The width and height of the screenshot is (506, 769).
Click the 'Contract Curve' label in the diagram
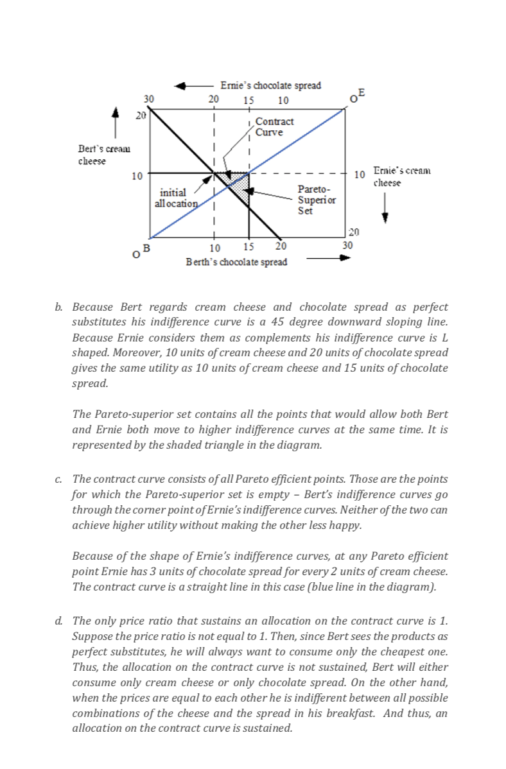[274, 126]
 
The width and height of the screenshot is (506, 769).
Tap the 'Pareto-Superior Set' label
[314, 200]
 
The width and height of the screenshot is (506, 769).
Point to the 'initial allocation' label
[174, 198]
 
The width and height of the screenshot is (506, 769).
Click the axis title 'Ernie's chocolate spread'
[270, 85]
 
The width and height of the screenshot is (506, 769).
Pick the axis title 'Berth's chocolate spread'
[236, 262]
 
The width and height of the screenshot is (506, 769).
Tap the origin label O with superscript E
[357, 96]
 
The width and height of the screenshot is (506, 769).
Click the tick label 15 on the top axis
[249, 100]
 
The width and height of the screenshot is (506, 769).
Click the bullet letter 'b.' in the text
[58, 308]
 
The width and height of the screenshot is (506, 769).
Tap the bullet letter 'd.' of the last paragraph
[58, 621]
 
